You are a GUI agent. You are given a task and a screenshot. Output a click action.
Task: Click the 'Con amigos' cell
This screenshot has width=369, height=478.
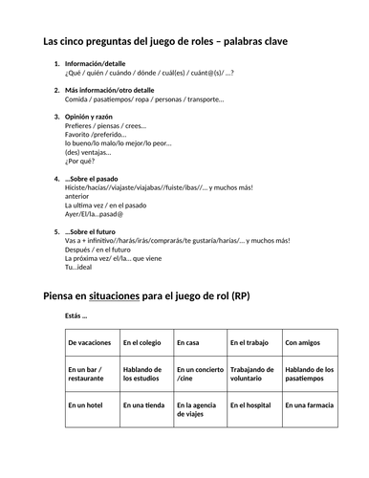pos(309,342)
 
